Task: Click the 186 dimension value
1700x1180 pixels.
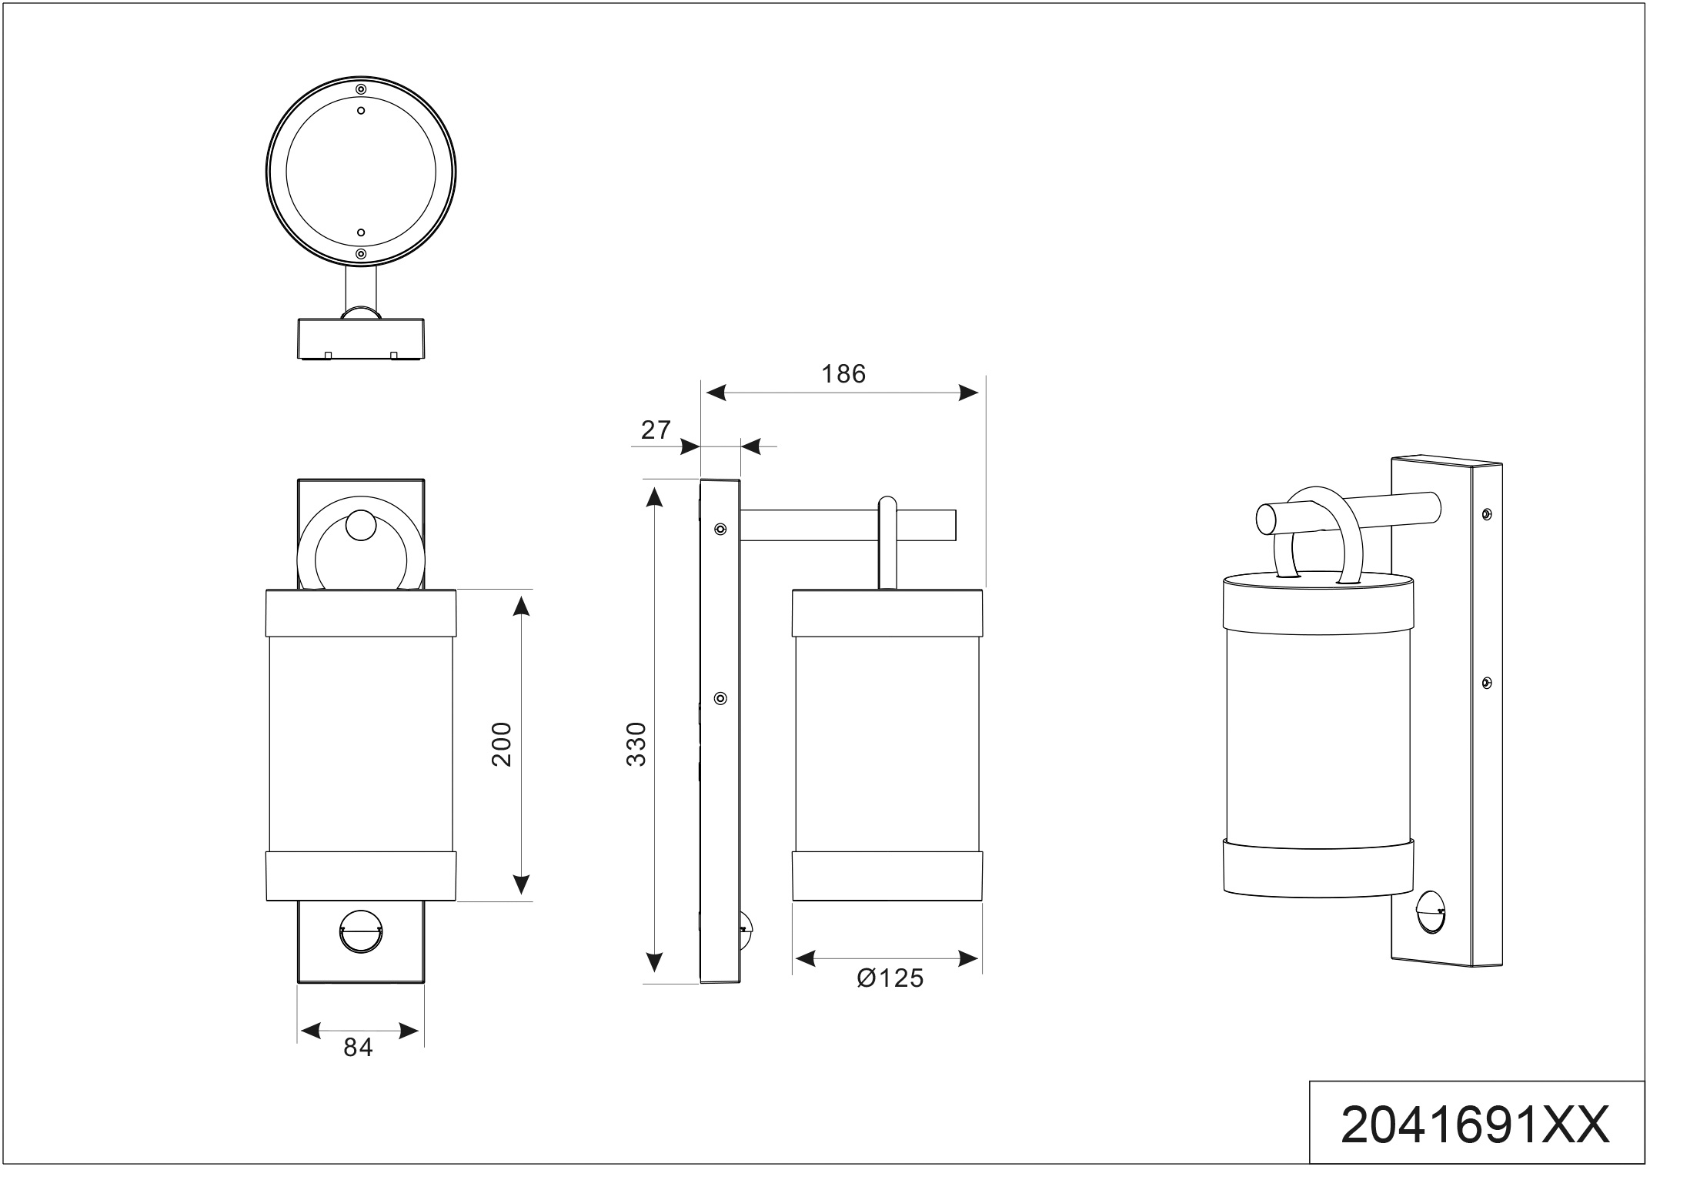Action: click(843, 374)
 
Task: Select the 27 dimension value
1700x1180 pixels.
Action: click(656, 430)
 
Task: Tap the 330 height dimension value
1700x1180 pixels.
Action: click(636, 744)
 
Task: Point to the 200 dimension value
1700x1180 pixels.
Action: click(502, 744)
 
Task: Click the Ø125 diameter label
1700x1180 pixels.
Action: click(890, 978)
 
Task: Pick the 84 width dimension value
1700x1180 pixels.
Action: click(359, 1048)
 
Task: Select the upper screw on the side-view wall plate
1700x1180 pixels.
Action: click(720, 529)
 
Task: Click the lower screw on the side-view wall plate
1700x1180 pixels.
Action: click(720, 698)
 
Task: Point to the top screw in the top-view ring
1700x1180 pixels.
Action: click(361, 89)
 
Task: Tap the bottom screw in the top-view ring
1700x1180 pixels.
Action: click(361, 253)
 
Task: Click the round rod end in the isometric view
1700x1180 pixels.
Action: click(1264, 520)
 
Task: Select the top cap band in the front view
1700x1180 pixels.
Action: click(361, 613)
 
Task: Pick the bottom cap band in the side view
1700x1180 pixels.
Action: click(887, 876)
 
